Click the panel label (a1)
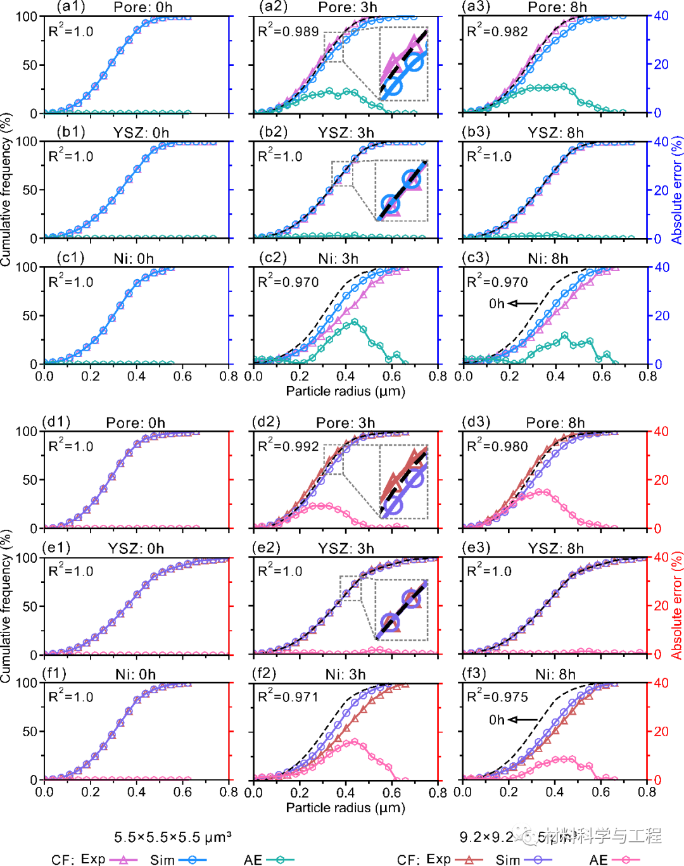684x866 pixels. [70, 7]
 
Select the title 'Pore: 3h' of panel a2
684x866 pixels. [347, 8]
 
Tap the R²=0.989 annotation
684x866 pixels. [288, 31]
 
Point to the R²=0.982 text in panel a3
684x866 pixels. [497, 31]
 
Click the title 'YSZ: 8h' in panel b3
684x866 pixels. [555, 133]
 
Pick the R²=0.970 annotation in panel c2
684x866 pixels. [288, 282]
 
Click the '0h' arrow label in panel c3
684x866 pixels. [497, 304]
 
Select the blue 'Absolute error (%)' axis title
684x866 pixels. [677, 190]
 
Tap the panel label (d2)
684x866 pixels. [266, 422]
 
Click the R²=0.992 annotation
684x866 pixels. [288, 446]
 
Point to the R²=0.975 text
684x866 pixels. [497, 697]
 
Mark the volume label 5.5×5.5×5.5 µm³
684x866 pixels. [172, 838]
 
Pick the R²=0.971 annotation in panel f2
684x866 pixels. [288, 697]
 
